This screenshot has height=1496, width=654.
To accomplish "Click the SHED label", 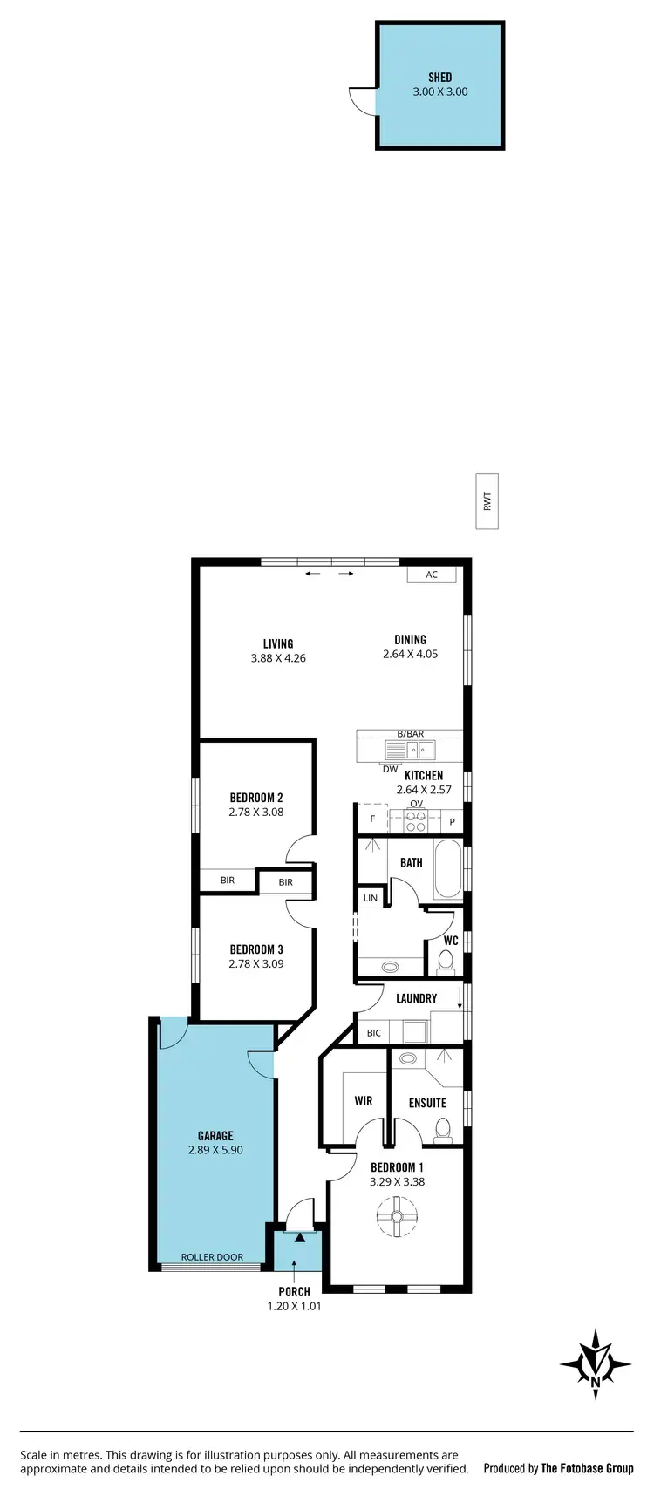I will pos(439,78).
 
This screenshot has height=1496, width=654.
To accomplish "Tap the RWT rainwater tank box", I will pos(487,502).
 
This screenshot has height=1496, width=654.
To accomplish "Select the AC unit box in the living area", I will pos(431,575).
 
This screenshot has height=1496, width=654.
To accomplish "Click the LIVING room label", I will pos(278,644).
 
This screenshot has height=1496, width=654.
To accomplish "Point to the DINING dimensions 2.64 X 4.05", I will pos(410,654).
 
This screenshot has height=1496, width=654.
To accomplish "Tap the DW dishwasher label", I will pos(390,769).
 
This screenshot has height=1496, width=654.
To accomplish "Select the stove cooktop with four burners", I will pos(417,821).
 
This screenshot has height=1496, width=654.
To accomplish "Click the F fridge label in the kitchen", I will pos(372,819).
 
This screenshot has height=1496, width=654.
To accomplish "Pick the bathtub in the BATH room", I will pos(447,868).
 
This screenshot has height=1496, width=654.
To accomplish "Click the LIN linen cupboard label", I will pos(371,898).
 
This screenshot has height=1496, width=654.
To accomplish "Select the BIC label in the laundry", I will pos(374,1033).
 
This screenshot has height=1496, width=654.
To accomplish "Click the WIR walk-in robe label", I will pos(364,1101).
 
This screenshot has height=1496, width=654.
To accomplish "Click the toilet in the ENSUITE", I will pos(442,1131).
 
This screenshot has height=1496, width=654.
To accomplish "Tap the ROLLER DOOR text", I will pos(212,1257).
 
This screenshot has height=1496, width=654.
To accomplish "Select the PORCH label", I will pos(295,1292).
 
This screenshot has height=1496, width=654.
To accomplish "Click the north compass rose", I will pos(596,1364).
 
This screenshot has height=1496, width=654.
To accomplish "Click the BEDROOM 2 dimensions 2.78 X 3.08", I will pos(256,812).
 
